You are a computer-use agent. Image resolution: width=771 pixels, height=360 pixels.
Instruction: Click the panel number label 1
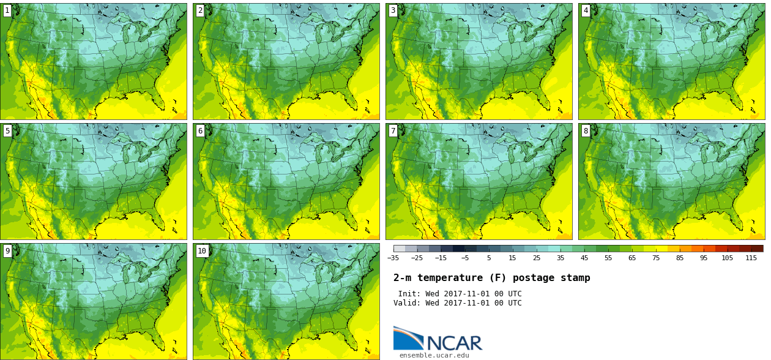[x=7, y=10]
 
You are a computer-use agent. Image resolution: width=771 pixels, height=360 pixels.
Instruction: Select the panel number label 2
[x=200, y=10]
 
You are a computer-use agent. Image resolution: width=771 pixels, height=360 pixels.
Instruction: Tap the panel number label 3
[x=393, y=10]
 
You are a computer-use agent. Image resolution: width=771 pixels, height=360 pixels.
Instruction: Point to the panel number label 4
[x=586, y=10]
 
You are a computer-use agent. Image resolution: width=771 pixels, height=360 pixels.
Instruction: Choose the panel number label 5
[x=7, y=131]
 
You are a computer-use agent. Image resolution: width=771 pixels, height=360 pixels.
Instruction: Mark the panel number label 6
[x=200, y=131]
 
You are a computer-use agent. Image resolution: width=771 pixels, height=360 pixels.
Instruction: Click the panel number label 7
[x=393, y=131]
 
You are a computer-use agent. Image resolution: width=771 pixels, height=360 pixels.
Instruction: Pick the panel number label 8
[x=586, y=131]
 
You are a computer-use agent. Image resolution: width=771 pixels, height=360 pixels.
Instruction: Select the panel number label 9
[x=7, y=251]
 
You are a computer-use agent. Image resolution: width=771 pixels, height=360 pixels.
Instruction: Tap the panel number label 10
[x=202, y=251]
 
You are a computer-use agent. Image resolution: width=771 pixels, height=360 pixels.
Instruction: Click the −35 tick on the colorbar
[x=393, y=258]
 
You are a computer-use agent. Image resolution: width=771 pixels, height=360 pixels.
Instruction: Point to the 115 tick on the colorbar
[x=751, y=258]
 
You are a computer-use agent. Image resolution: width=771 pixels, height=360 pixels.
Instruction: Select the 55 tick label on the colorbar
[x=608, y=258]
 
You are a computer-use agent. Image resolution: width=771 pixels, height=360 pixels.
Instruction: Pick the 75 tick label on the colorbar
[x=656, y=258]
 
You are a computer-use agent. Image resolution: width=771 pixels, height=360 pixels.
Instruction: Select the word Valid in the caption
[x=406, y=303]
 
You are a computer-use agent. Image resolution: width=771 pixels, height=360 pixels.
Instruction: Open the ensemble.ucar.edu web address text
[x=434, y=355]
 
